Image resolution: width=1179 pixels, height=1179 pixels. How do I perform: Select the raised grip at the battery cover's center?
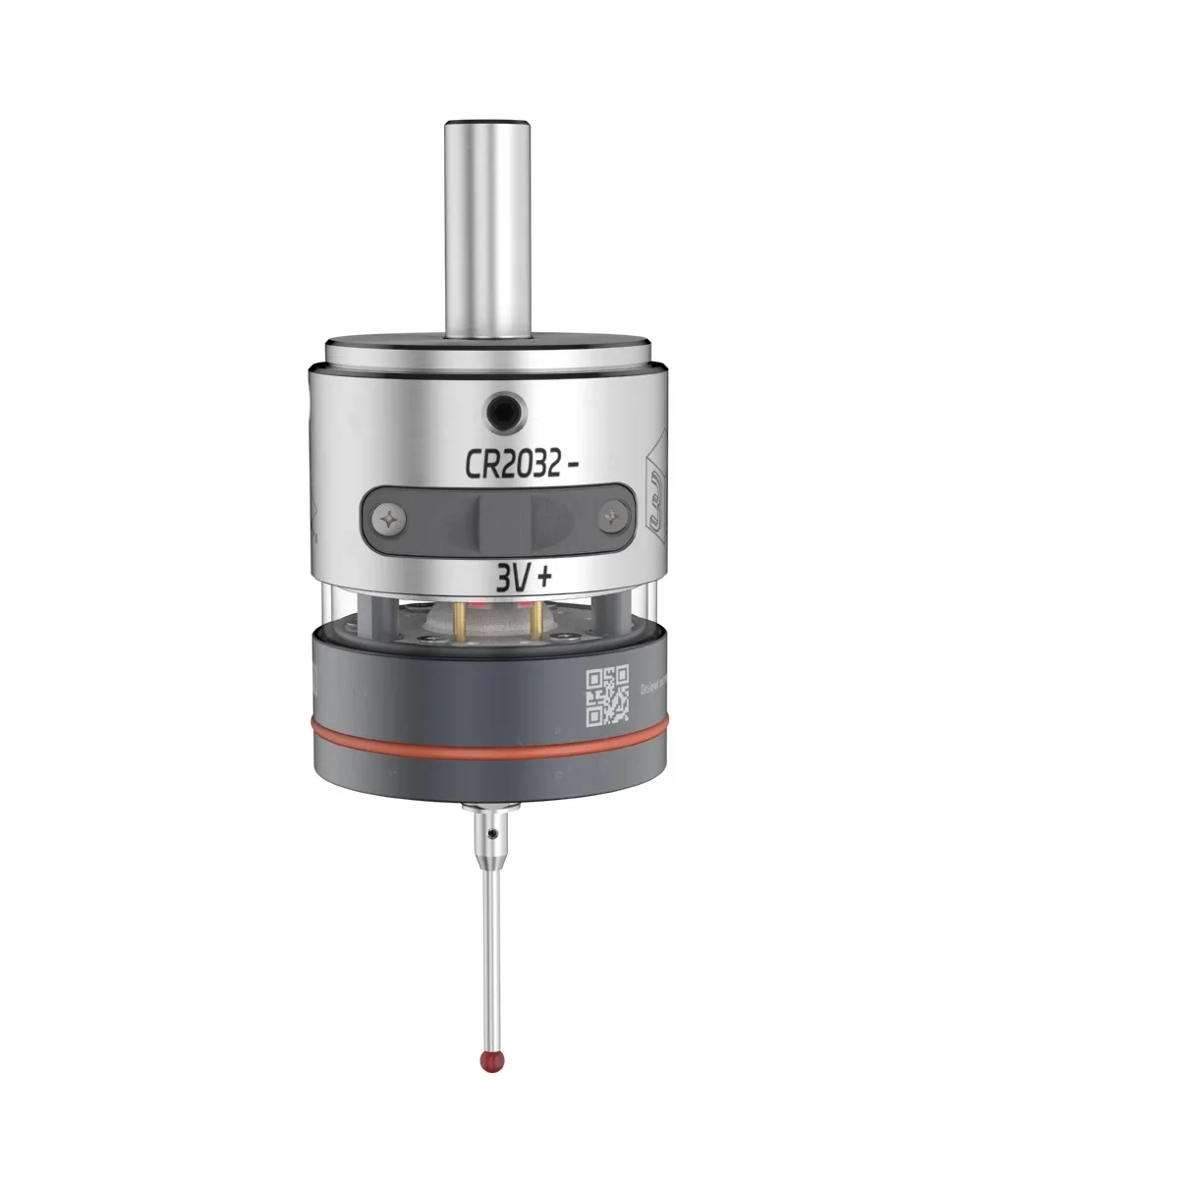(x=502, y=516)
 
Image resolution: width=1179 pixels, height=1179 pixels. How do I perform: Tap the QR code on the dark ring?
(x=607, y=696)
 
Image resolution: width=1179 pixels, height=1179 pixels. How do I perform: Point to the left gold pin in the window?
(x=461, y=618)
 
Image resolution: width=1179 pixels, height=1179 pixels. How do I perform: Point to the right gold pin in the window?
(x=538, y=618)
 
